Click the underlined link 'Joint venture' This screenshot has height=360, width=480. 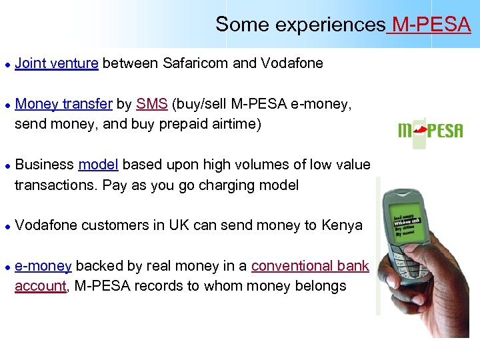(57, 63)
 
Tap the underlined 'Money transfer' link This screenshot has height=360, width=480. (63, 104)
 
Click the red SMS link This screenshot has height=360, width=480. (152, 104)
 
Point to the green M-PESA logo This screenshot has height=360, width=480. (429, 129)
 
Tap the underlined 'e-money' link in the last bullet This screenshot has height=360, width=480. (43, 266)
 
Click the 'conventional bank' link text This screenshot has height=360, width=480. (310, 266)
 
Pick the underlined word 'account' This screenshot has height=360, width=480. (40, 287)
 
